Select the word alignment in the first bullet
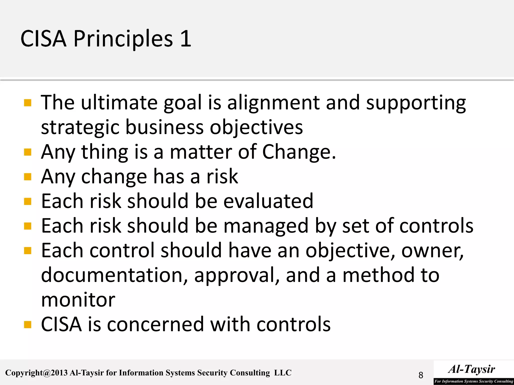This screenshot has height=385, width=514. (273, 103)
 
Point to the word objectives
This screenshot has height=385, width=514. (256, 127)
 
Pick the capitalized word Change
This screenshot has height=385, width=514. (299, 152)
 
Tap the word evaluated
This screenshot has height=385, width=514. (268, 201)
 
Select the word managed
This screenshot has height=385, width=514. (266, 226)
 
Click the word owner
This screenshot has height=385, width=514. (432, 251)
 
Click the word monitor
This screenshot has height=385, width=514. (78, 300)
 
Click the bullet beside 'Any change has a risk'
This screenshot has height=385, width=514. (28, 177)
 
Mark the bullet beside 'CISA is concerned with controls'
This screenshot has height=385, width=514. (28, 325)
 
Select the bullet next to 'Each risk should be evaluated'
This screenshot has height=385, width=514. (28, 202)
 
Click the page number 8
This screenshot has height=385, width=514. (421, 375)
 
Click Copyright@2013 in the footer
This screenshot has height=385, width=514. (36, 373)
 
